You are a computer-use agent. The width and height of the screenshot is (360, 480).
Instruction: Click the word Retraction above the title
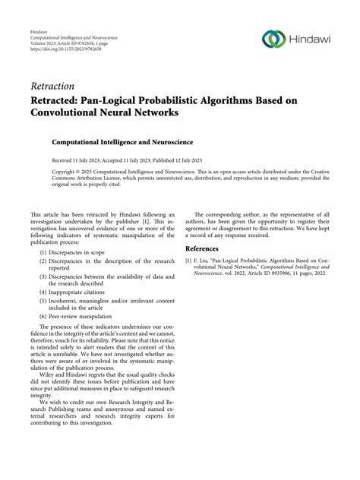[55, 86]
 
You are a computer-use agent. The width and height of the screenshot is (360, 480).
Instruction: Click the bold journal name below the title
[122, 141]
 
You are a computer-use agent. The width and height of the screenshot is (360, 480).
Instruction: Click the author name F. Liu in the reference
[203, 261]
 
